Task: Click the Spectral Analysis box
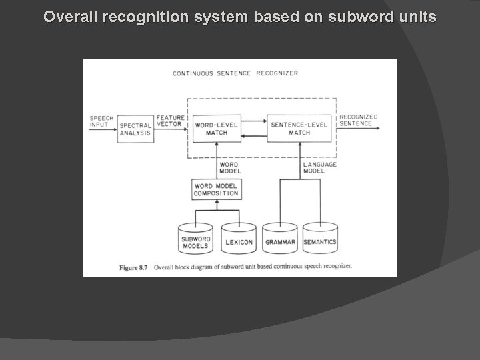tap(135, 129)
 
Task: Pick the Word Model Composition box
tap(215, 189)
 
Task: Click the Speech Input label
tap(101, 121)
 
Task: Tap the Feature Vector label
tap(170, 121)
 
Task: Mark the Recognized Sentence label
tap(359, 120)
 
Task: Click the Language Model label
tap(320, 167)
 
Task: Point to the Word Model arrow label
tap(229, 167)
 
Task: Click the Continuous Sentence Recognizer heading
tap(235, 73)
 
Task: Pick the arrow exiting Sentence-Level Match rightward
tap(357, 129)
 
